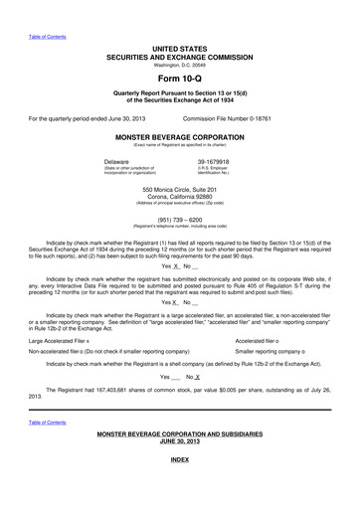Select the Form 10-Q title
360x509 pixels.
(x=179, y=77)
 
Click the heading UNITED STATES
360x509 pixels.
(x=179, y=48)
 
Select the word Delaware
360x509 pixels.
(x=117, y=161)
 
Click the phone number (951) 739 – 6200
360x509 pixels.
(x=179, y=220)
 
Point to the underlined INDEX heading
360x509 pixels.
(x=179, y=461)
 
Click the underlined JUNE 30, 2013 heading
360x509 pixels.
(x=179, y=441)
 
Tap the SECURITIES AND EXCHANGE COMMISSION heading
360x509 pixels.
(x=179, y=56)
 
